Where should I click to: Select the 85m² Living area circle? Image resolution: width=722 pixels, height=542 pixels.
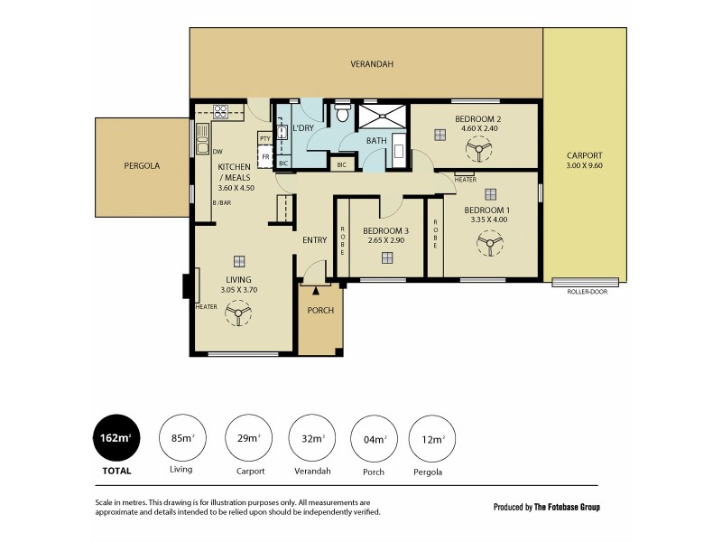(181, 439)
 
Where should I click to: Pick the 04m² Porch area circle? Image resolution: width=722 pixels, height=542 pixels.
(373, 439)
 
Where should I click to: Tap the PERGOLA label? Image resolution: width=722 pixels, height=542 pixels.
(142, 166)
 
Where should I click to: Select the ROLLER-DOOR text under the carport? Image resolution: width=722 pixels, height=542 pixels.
(586, 293)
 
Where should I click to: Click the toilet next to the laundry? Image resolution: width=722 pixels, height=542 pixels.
(341, 116)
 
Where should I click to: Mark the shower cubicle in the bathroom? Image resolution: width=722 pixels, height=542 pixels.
(383, 115)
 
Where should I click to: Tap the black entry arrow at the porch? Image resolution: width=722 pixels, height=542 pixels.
(315, 290)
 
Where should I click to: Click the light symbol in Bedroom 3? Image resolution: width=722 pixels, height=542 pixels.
(387, 258)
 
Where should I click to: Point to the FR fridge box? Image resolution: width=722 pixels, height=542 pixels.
(264, 156)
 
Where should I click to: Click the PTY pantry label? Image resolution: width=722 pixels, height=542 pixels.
(264, 138)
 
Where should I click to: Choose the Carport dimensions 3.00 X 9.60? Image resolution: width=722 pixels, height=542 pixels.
(584, 166)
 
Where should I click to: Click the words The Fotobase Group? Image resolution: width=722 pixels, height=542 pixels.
(566, 507)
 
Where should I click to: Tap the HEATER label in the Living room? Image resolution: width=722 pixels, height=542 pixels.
(206, 307)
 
